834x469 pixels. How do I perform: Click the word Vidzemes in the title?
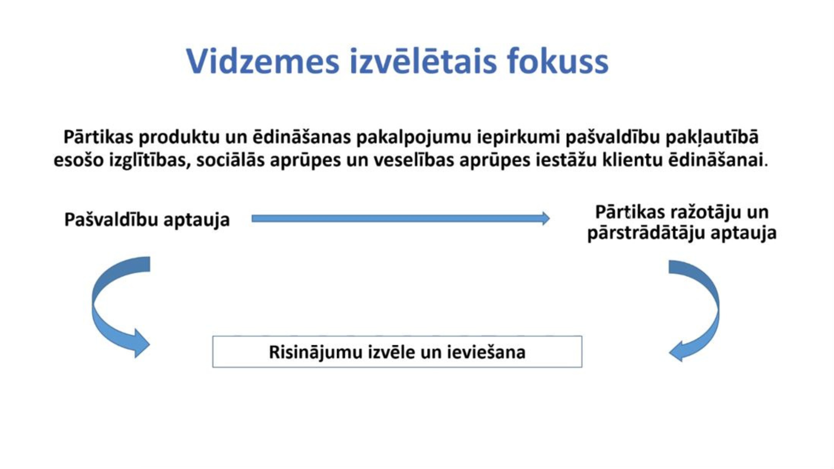[x=263, y=61]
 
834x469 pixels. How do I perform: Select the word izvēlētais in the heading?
[x=423, y=61]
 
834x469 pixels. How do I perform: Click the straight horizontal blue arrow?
[x=400, y=218]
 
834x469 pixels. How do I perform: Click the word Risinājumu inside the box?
[x=315, y=352]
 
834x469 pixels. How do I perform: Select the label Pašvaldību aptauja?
[x=147, y=220]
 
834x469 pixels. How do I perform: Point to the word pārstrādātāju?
[x=647, y=233]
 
